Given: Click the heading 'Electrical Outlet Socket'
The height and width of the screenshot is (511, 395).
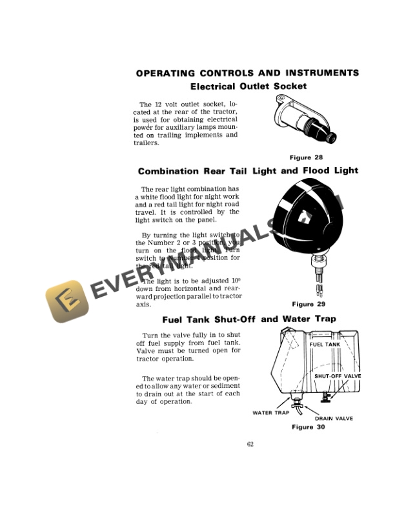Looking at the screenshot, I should (x=248, y=86).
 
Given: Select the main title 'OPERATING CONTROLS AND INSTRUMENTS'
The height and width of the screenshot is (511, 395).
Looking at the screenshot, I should (x=248, y=73).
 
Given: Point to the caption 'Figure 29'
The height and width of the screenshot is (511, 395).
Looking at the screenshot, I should (x=312, y=304).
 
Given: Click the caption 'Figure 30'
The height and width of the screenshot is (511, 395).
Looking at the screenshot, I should (x=312, y=427).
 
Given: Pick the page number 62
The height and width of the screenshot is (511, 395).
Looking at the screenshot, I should (x=250, y=443).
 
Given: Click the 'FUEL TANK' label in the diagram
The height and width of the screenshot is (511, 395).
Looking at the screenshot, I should (x=325, y=345).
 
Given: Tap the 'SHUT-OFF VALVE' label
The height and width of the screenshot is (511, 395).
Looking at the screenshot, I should (x=338, y=376).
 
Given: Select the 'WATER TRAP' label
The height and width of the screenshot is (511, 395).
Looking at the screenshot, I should (x=270, y=413).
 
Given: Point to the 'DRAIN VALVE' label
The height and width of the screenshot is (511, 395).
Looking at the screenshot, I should (x=334, y=419).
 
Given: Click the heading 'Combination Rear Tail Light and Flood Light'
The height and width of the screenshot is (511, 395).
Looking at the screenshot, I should (x=248, y=171).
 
